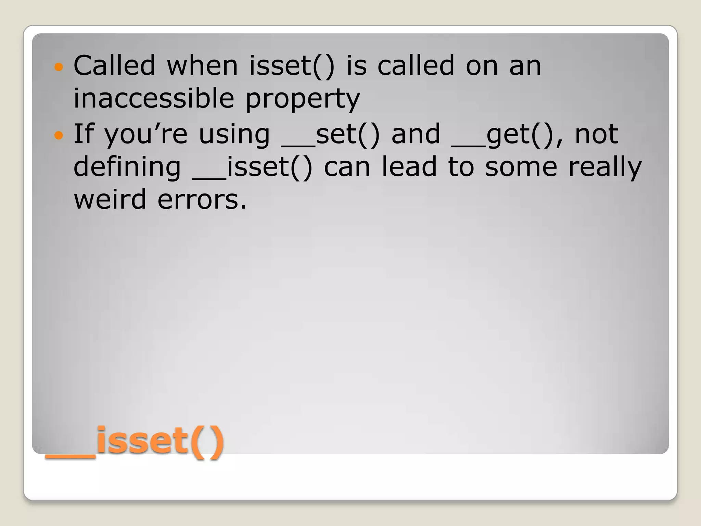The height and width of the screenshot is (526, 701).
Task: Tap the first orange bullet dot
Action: point(59,67)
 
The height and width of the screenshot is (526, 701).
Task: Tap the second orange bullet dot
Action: point(59,136)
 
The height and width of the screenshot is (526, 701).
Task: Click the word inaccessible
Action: point(154,98)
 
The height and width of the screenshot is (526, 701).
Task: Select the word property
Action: point(303,99)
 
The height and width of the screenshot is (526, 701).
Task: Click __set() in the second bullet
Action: point(330,134)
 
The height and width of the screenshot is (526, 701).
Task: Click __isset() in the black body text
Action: point(252,167)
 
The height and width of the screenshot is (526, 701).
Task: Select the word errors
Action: point(202,200)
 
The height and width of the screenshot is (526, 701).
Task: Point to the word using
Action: point(234,135)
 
